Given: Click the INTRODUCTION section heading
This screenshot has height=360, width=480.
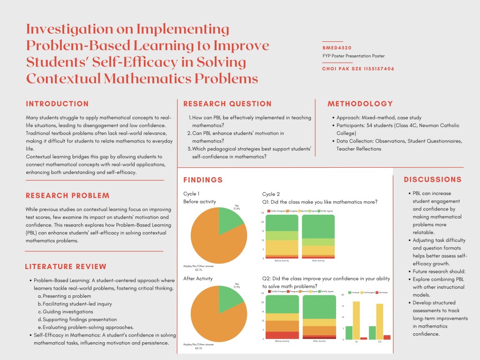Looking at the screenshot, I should [x=57, y=104].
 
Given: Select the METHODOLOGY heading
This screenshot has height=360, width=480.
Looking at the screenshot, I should [x=360, y=104].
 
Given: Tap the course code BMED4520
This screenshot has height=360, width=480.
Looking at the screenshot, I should [x=337, y=48].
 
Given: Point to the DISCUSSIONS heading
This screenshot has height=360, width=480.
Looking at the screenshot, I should [x=432, y=180].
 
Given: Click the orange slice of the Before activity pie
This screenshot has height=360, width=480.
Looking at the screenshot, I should [x=213, y=239].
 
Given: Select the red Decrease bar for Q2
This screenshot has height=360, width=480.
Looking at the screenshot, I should [x=387, y=337].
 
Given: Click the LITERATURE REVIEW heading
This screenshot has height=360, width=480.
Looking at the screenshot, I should [x=66, y=267].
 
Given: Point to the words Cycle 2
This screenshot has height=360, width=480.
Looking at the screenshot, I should [x=271, y=194].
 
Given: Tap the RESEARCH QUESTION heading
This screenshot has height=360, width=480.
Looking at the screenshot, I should [x=227, y=104].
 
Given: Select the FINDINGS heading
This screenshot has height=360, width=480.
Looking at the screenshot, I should [x=203, y=180].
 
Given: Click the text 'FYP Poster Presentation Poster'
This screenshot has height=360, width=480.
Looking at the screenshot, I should [x=353, y=56].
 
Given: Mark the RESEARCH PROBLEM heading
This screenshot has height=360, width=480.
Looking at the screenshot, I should [x=67, y=195].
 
